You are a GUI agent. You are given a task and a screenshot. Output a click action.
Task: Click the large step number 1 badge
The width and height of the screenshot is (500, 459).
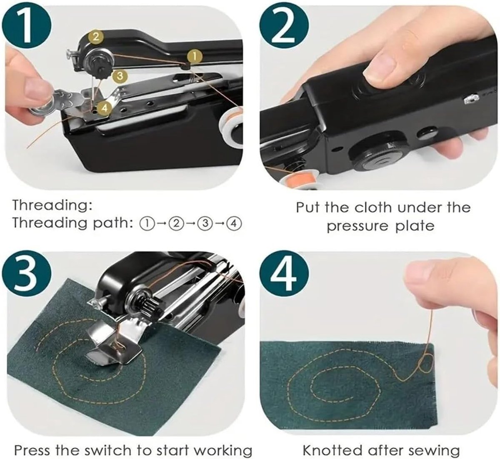coord(27,27)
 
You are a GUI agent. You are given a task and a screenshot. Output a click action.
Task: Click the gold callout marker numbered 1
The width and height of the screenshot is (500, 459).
coord(195,57)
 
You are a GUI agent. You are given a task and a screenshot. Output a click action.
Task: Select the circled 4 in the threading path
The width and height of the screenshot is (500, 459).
coord(234,223)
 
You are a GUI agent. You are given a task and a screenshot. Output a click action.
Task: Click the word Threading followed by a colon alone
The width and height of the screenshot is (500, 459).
coord(52,206)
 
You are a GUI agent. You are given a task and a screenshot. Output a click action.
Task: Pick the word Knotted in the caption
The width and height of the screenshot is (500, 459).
coord(332,443)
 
